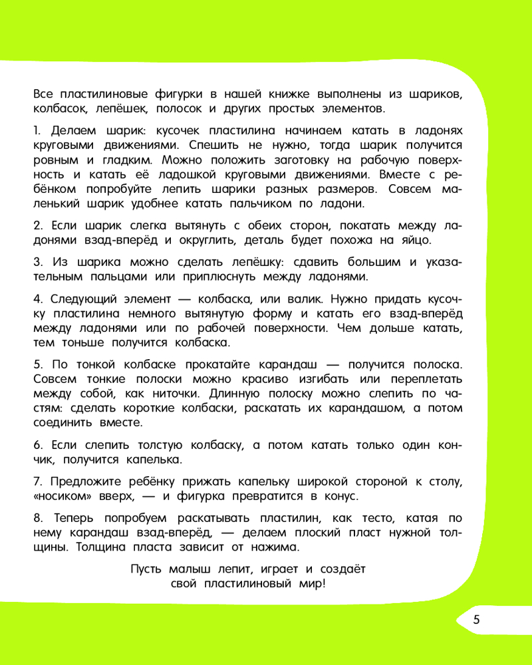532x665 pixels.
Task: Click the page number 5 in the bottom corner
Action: point(476,620)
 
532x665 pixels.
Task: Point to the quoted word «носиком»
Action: point(61,497)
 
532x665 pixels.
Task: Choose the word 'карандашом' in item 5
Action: point(362,408)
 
